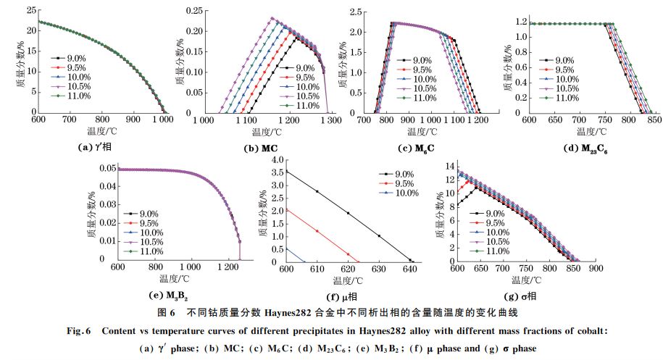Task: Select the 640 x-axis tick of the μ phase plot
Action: click(409, 269)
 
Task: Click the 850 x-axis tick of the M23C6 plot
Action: click(655, 119)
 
